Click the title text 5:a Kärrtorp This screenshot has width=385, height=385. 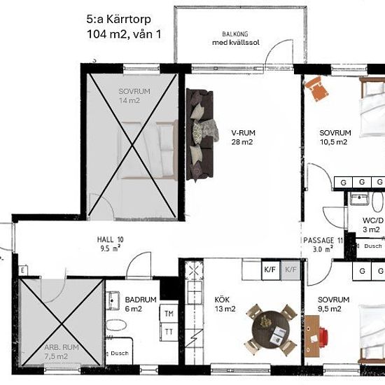[x=118, y=20]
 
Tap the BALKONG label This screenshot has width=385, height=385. [x=235, y=34]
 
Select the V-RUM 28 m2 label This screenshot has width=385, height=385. [x=244, y=137]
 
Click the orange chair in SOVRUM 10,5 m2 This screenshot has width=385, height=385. [x=316, y=89]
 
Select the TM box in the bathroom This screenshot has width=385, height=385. [x=169, y=314]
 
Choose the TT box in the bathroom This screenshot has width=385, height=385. [x=169, y=332]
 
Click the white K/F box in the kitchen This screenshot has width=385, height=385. [x=271, y=269]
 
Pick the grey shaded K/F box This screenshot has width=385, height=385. [x=290, y=269]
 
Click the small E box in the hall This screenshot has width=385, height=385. [x=22, y=270]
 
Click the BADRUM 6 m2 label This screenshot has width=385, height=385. [x=141, y=304]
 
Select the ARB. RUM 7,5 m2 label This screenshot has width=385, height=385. [x=62, y=351]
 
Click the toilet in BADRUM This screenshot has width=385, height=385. [x=116, y=325]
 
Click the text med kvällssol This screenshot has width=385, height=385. [x=236, y=43]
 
